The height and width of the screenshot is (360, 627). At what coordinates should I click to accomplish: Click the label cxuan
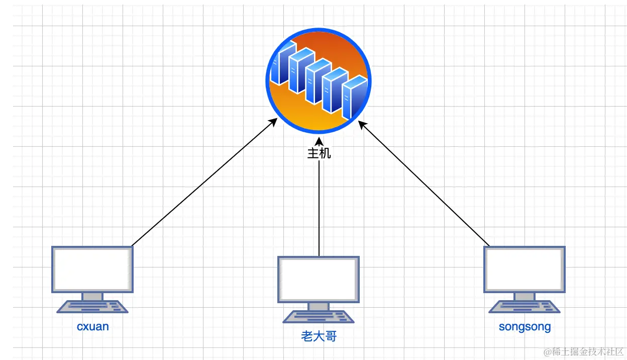click(93, 326)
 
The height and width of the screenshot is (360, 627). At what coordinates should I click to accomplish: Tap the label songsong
click(525, 327)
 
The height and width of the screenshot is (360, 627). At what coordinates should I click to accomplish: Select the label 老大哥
click(319, 336)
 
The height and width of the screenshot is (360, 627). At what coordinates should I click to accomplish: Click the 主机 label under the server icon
click(319, 153)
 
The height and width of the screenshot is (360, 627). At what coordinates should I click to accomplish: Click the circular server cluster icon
click(318, 80)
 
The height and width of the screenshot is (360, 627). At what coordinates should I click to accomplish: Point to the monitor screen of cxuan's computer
click(92, 269)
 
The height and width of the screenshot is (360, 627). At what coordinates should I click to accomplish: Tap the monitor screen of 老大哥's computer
click(319, 279)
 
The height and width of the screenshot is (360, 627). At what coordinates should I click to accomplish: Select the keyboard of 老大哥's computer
click(319, 316)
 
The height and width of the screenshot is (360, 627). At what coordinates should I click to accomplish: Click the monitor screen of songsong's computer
click(525, 269)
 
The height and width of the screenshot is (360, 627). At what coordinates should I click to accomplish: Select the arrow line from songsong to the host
click(427, 186)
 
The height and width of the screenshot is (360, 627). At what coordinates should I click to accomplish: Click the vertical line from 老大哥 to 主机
click(319, 211)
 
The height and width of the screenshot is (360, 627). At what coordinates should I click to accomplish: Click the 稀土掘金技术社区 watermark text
click(583, 350)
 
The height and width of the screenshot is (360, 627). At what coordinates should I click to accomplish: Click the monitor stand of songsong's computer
click(525, 297)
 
